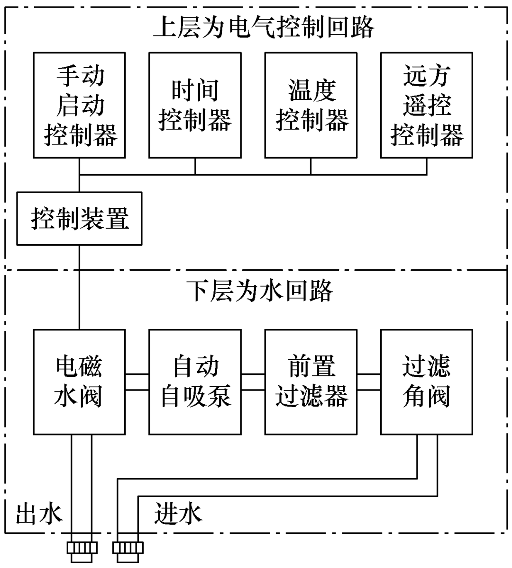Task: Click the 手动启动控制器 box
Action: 80,105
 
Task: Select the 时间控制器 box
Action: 195,105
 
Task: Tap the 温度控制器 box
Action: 311,105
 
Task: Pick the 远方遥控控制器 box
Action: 427,105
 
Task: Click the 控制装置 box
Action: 80,219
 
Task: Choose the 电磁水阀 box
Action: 80,382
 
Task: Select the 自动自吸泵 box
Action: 195,382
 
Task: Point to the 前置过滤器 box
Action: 311,382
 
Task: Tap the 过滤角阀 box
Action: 427,382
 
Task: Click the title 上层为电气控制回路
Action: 264,27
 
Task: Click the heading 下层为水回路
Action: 259,291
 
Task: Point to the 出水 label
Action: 39,514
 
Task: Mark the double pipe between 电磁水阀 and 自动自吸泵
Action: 137,382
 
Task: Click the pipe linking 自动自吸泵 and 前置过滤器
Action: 253,382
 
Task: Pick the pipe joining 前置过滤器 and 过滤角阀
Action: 369,382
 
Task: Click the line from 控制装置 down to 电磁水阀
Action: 79,287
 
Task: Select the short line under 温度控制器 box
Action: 311,166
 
